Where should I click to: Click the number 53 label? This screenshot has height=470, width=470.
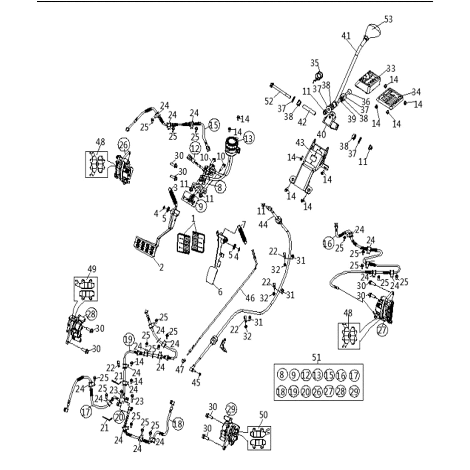coord(388,19)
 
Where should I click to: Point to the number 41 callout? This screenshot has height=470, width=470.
coord(346,36)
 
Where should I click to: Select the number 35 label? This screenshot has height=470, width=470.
coord(315,63)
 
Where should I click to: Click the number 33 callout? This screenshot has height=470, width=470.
coord(390,68)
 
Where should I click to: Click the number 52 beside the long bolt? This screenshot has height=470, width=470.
coord(269,101)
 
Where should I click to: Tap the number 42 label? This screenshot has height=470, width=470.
coord(302,122)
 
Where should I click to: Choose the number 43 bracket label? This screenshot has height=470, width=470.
coord(300,143)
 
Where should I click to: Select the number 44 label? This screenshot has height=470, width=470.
coord(263,224)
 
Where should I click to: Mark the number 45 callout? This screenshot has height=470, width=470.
coord(196,382)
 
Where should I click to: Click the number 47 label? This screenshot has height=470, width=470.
coord(180,370)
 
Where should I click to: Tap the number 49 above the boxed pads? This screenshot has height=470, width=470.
coord(92,269)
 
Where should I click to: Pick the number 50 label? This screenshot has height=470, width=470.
coord(264,415)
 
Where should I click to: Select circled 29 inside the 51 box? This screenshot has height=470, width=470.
coord(354,391)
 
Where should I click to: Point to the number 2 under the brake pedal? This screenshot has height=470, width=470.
coord(161,267)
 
